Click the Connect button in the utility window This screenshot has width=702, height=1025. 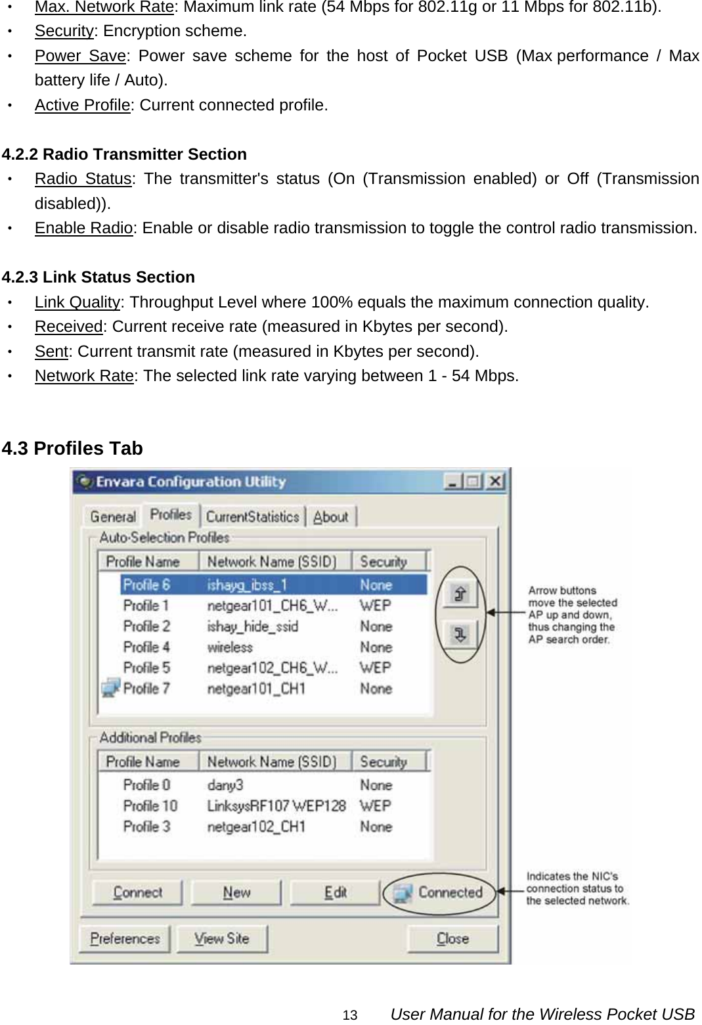pyautogui.click(x=138, y=892)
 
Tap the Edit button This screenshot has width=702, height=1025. pyautogui.click(x=335, y=892)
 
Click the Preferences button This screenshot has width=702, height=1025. pyautogui.click(x=125, y=938)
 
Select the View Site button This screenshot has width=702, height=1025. pyautogui.click(x=222, y=938)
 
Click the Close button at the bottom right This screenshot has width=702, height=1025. pyautogui.click(x=452, y=938)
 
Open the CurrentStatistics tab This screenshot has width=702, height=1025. pyautogui.click(x=253, y=516)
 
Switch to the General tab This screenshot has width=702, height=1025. pyautogui.click(x=113, y=516)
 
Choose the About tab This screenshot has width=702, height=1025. pyautogui.click(x=331, y=516)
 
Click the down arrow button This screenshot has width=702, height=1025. pyautogui.click(x=460, y=634)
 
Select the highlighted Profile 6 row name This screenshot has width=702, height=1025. pyautogui.click(x=147, y=585)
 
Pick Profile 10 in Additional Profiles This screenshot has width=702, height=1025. pyautogui.click(x=150, y=806)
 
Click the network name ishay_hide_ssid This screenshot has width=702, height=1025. pyautogui.click(x=252, y=626)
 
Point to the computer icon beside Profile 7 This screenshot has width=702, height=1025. pyautogui.click(x=110, y=688)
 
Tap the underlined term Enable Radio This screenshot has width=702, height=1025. pyautogui.click(x=84, y=228)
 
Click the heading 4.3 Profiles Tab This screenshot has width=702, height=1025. pyautogui.click(x=72, y=448)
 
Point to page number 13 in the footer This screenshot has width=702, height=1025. pyautogui.click(x=350, y=1015)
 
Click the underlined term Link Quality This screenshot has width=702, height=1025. pyautogui.click(x=77, y=302)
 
